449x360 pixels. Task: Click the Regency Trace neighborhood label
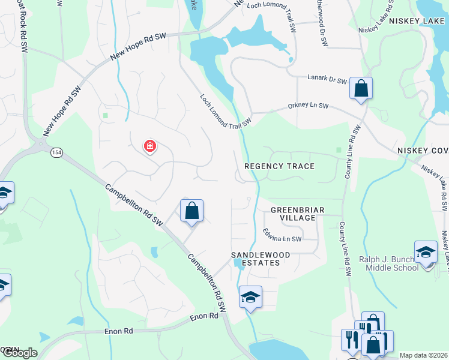[279, 166]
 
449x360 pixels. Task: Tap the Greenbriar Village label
[297, 214]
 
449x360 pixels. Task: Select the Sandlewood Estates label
[261, 259]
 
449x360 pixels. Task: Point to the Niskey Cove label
[423, 150]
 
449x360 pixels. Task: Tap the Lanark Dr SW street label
[327, 80]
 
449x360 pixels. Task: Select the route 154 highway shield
[56, 152]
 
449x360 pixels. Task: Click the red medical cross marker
[149, 146]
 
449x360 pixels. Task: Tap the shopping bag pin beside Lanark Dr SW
[361, 88]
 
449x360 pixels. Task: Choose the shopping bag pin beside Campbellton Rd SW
[191, 211]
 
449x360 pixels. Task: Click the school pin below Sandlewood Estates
[250, 296]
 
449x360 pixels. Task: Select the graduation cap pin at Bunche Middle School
[426, 252]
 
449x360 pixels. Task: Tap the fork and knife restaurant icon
[350, 340]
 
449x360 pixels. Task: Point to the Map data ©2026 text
[423, 355]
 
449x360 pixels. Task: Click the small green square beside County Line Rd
[339, 149]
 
